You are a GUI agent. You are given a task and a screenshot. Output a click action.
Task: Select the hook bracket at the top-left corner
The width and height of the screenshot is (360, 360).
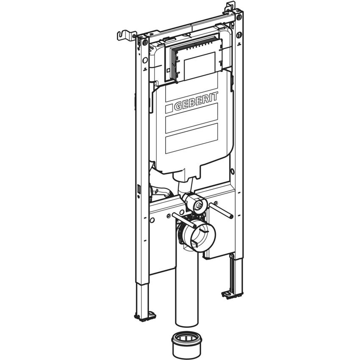point(126,35)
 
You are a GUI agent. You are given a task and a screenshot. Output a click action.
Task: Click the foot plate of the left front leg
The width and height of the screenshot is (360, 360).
point(144,315)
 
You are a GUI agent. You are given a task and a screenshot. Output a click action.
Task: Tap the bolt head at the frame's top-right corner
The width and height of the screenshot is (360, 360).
point(239,17)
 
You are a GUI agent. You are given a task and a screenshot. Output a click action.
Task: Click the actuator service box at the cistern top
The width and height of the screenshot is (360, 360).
point(195,59)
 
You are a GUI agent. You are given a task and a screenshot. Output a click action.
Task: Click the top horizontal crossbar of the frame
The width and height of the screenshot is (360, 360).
point(191,25)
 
